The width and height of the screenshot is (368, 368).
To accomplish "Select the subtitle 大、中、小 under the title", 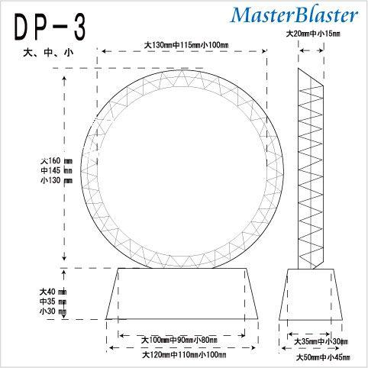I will pos(50,55).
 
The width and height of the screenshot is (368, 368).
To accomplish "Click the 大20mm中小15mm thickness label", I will pos(312,34).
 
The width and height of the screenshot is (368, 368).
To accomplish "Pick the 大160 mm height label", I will pos(56,161).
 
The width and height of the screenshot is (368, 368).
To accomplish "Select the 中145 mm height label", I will pos(56,171).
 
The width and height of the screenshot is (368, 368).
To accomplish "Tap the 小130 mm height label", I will pos(56,181).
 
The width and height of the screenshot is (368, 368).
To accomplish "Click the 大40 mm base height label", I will pos(53,292).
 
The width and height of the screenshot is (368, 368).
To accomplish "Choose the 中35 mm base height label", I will pos(53,302).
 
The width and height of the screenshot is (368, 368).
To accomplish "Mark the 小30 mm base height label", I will pos(53,312).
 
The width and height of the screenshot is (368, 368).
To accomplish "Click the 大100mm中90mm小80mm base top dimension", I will pos(180,339).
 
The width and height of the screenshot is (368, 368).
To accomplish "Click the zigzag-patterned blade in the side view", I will pos(313,168).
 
